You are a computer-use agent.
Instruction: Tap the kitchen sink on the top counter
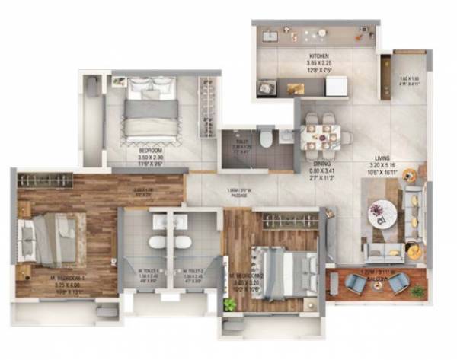pos(270,36)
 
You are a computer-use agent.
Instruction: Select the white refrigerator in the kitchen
pos(337,86)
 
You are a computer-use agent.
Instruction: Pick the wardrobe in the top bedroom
pos(205,107)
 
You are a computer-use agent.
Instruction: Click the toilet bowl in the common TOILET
pos(263,138)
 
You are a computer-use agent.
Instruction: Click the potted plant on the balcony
pos(417,291)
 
